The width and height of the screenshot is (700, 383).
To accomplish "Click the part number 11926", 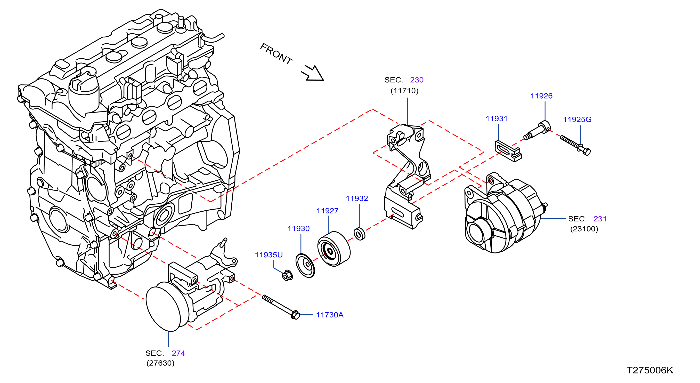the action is [x=541, y=96].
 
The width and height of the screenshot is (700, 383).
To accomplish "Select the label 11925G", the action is [x=577, y=119].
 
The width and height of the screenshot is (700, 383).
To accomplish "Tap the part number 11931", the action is [x=496, y=119].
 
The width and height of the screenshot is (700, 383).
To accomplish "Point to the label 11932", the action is [x=357, y=199].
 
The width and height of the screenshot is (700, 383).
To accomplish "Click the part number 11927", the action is [x=328, y=211].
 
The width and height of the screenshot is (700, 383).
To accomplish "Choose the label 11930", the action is [x=299, y=229].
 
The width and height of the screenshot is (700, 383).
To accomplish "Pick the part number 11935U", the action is [x=269, y=255].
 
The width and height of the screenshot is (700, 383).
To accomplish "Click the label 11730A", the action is [x=330, y=315].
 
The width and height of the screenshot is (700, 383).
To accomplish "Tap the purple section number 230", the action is [x=417, y=80].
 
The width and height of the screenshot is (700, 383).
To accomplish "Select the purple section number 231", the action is [x=600, y=219].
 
